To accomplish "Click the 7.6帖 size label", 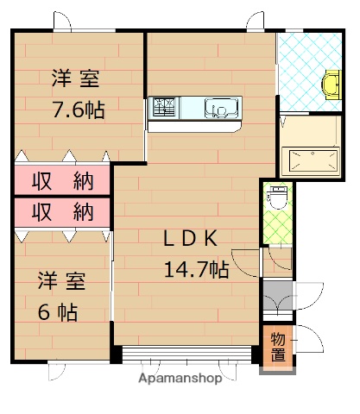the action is (x=79, y=110).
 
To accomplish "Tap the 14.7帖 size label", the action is (x=197, y=269).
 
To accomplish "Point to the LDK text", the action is (x=191, y=239).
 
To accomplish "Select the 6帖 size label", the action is (x=58, y=312).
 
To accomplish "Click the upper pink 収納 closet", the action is (x=62, y=181).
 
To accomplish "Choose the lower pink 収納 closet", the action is (x=62, y=212).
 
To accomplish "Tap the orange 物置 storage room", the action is (x=278, y=346).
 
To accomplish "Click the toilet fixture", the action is (x=278, y=198).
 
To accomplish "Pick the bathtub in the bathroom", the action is (x=310, y=160).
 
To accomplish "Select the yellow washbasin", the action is (x=331, y=85).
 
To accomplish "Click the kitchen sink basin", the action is (x=221, y=108).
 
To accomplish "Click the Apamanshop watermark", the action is (x=180, y=379).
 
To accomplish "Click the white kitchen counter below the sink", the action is (x=194, y=127).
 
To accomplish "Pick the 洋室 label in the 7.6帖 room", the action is (x=76, y=78).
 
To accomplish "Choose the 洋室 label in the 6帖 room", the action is (x=62, y=281).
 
